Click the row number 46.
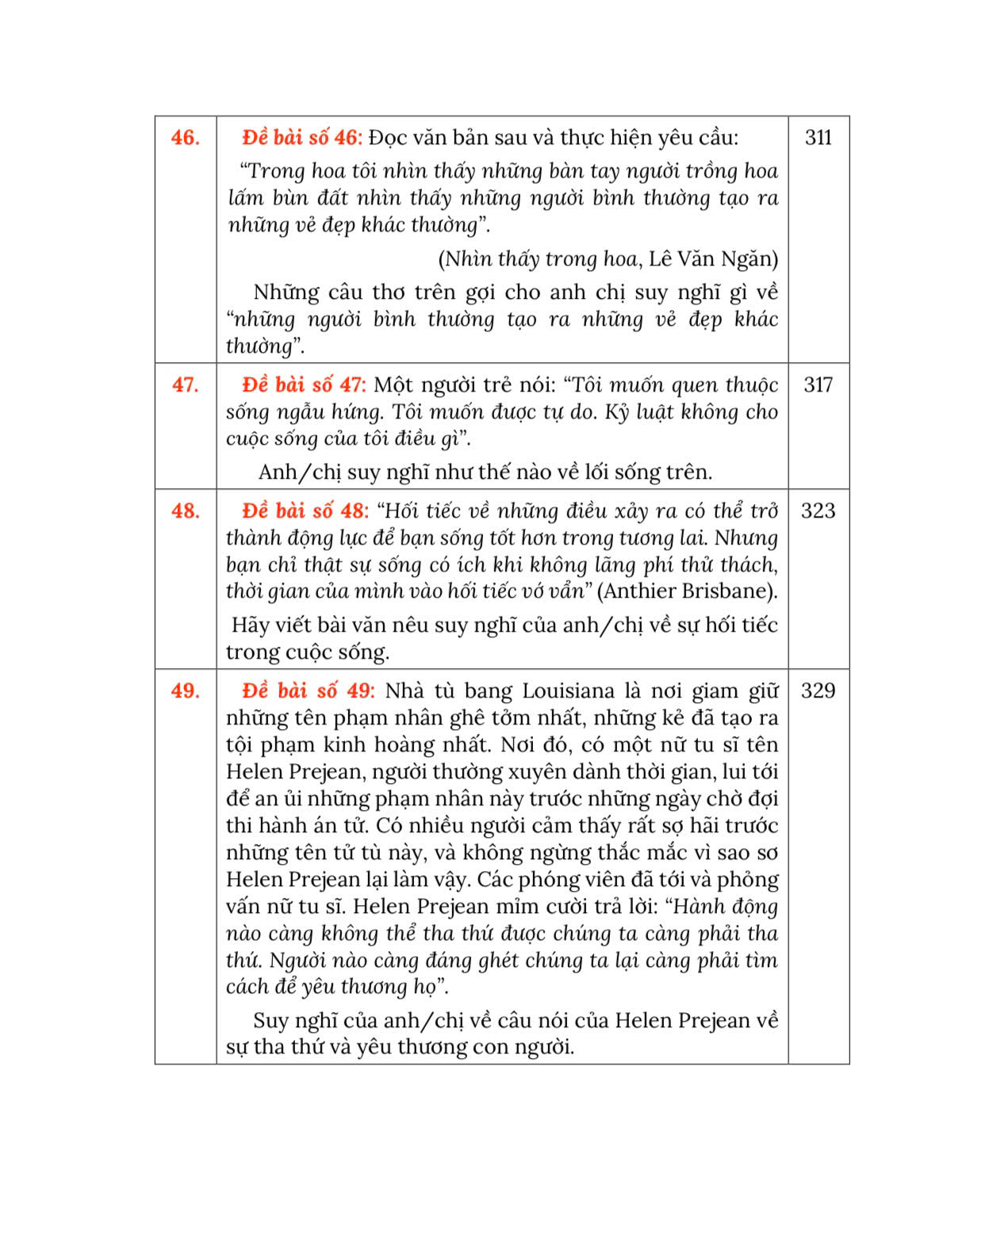point(185,138)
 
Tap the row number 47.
point(185,385)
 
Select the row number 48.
point(185,511)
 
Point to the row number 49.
point(185,691)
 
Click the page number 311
point(818,138)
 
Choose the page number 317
point(818,385)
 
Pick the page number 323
point(818,511)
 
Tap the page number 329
point(818,691)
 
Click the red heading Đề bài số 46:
point(302,138)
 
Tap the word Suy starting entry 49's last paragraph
point(270,1021)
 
